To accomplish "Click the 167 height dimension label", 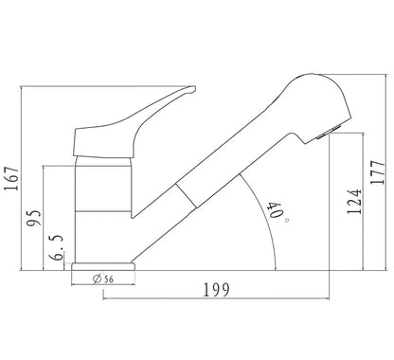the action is [x=11, y=178].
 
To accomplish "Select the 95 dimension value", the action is [x=34, y=218].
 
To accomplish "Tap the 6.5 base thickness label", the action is [x=57, y=247].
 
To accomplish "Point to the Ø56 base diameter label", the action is [x=103, y=279].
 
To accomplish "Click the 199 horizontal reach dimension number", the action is [x=216, y=290].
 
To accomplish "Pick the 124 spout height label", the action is [x=354, y=202].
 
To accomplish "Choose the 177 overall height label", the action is [x=378, y=172].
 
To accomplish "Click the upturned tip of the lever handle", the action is [x=192, y=89].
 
